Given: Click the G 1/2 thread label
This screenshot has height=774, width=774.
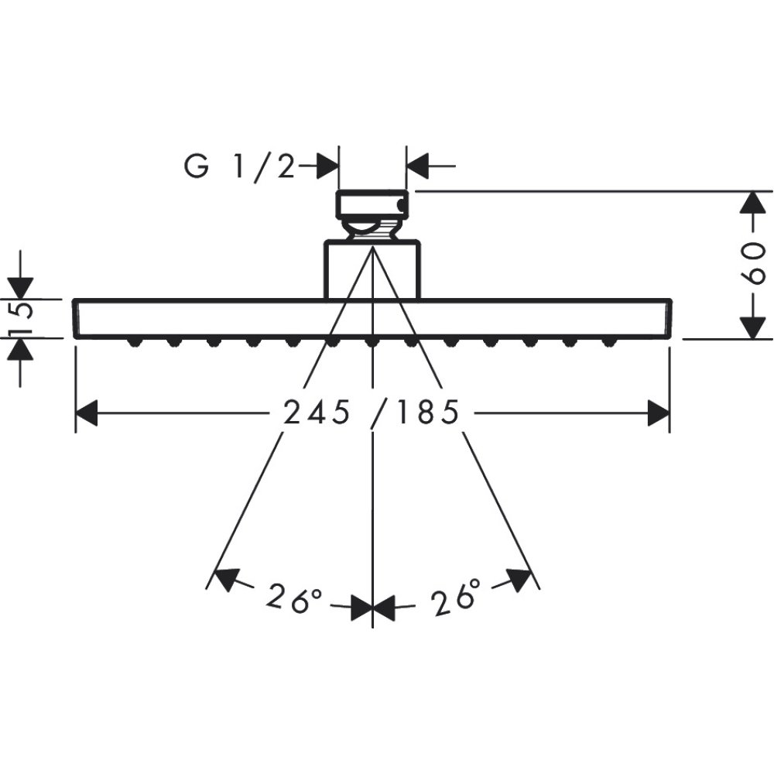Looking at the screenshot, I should click(x=240, y=166).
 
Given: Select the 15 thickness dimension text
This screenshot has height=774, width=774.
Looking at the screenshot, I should click(x=21, y=318).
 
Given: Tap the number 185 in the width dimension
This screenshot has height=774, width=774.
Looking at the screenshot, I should click(x=426, y=413).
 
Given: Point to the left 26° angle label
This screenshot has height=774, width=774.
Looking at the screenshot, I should click(x=294, y=598).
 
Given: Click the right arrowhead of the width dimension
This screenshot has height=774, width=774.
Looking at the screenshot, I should click(x=659, y=413).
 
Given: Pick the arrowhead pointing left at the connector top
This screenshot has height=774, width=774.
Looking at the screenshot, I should click(x=418, y=166).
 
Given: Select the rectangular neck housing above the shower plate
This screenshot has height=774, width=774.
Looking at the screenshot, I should click(x=372, y=269).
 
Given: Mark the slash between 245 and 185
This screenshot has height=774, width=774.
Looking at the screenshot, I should click(x=377, y=413).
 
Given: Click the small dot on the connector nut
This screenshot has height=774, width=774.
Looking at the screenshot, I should click(x=399, y=205).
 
